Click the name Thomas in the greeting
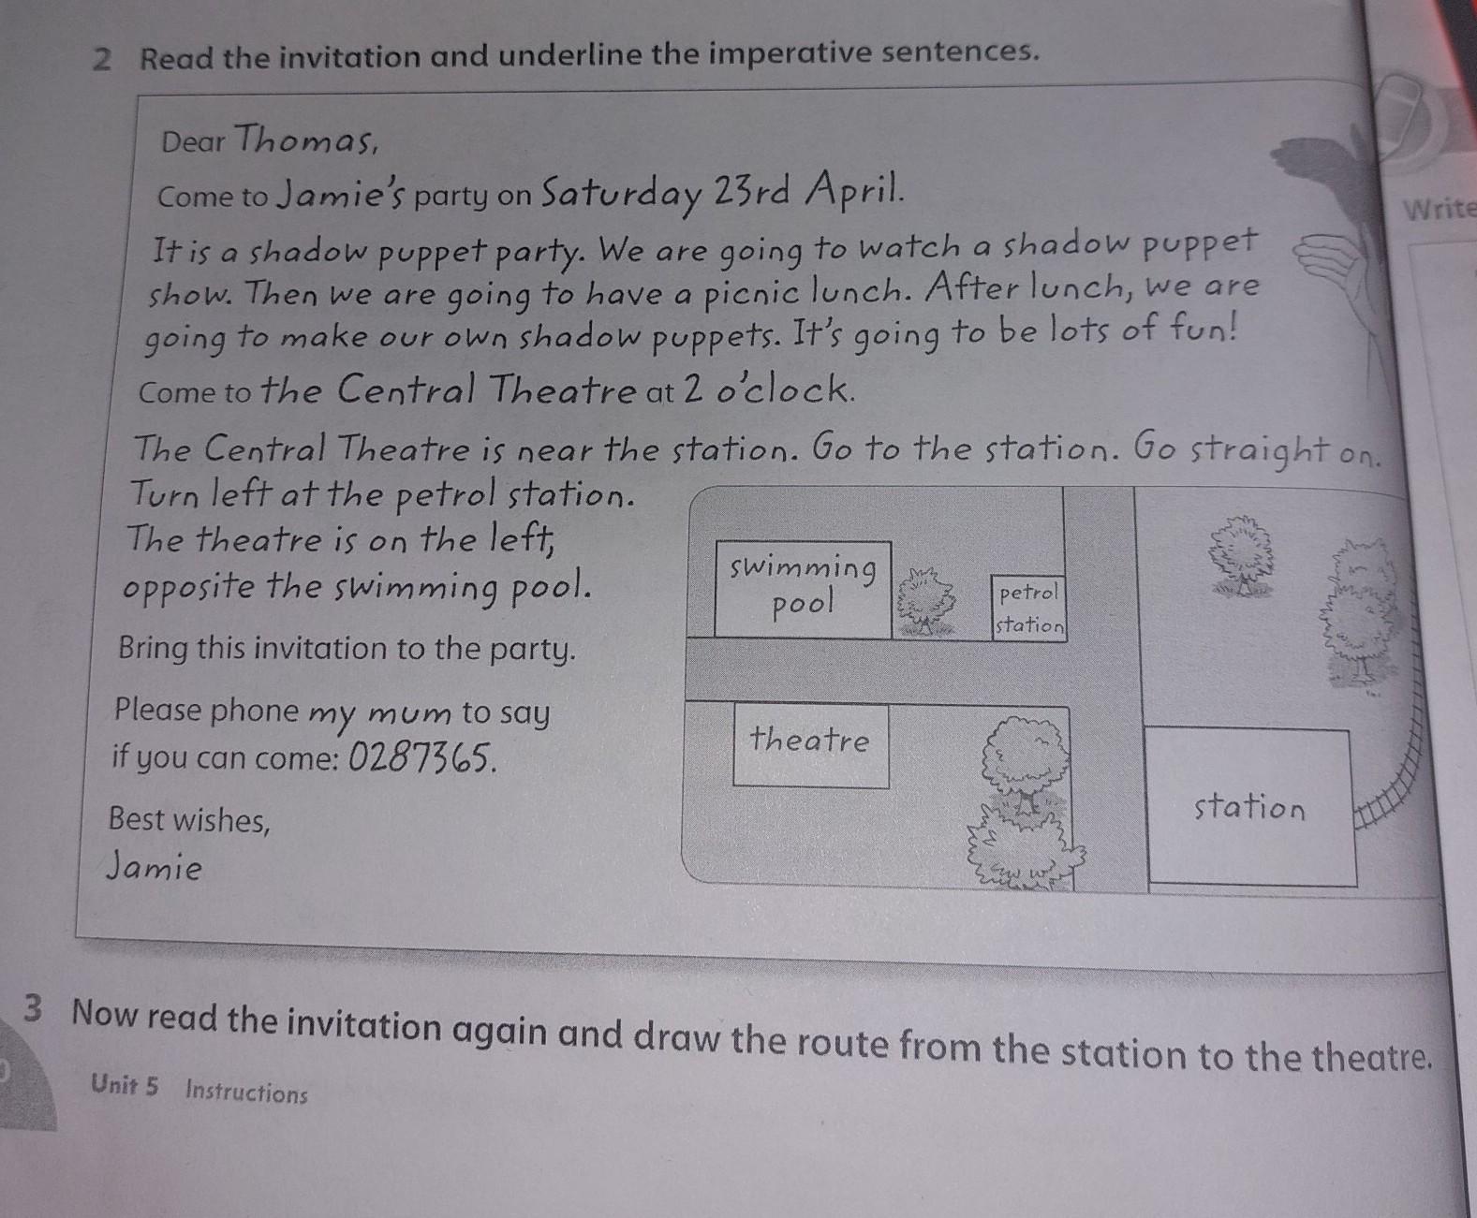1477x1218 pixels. click(305, 138)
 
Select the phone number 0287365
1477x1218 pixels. click(422, 757)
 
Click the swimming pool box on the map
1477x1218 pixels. click(803, 589)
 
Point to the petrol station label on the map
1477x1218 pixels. click(1029, 609)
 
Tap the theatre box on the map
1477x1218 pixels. click(811, 744)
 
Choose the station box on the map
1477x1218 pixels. click(1250, 806)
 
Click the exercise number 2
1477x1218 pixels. click(102, 60)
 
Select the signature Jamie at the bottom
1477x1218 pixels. click(155, 867)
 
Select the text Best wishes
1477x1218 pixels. click(189, 820)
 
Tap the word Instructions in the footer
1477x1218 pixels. click(246, 1093)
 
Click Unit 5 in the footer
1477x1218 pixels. click(125, 1085)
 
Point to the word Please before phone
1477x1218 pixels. click(157, 709)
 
